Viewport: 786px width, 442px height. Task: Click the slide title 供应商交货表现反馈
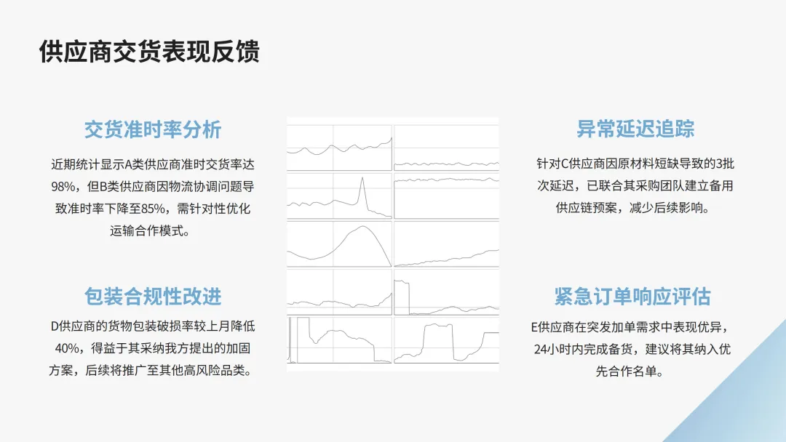click(x=149, y=52)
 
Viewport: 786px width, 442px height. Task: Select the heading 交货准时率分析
click(x=153, y=129)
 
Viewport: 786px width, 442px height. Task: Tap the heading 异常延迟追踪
click(x=635, y=129)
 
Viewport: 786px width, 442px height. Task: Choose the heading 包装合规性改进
click(x=153, y=297)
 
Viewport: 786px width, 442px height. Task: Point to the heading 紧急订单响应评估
click(x=632, y=297)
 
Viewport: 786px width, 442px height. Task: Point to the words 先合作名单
click(x=632, y=371)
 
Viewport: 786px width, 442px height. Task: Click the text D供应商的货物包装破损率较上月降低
click(x=153, y=326)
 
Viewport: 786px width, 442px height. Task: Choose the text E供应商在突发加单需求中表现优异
click(x=632, y=326)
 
